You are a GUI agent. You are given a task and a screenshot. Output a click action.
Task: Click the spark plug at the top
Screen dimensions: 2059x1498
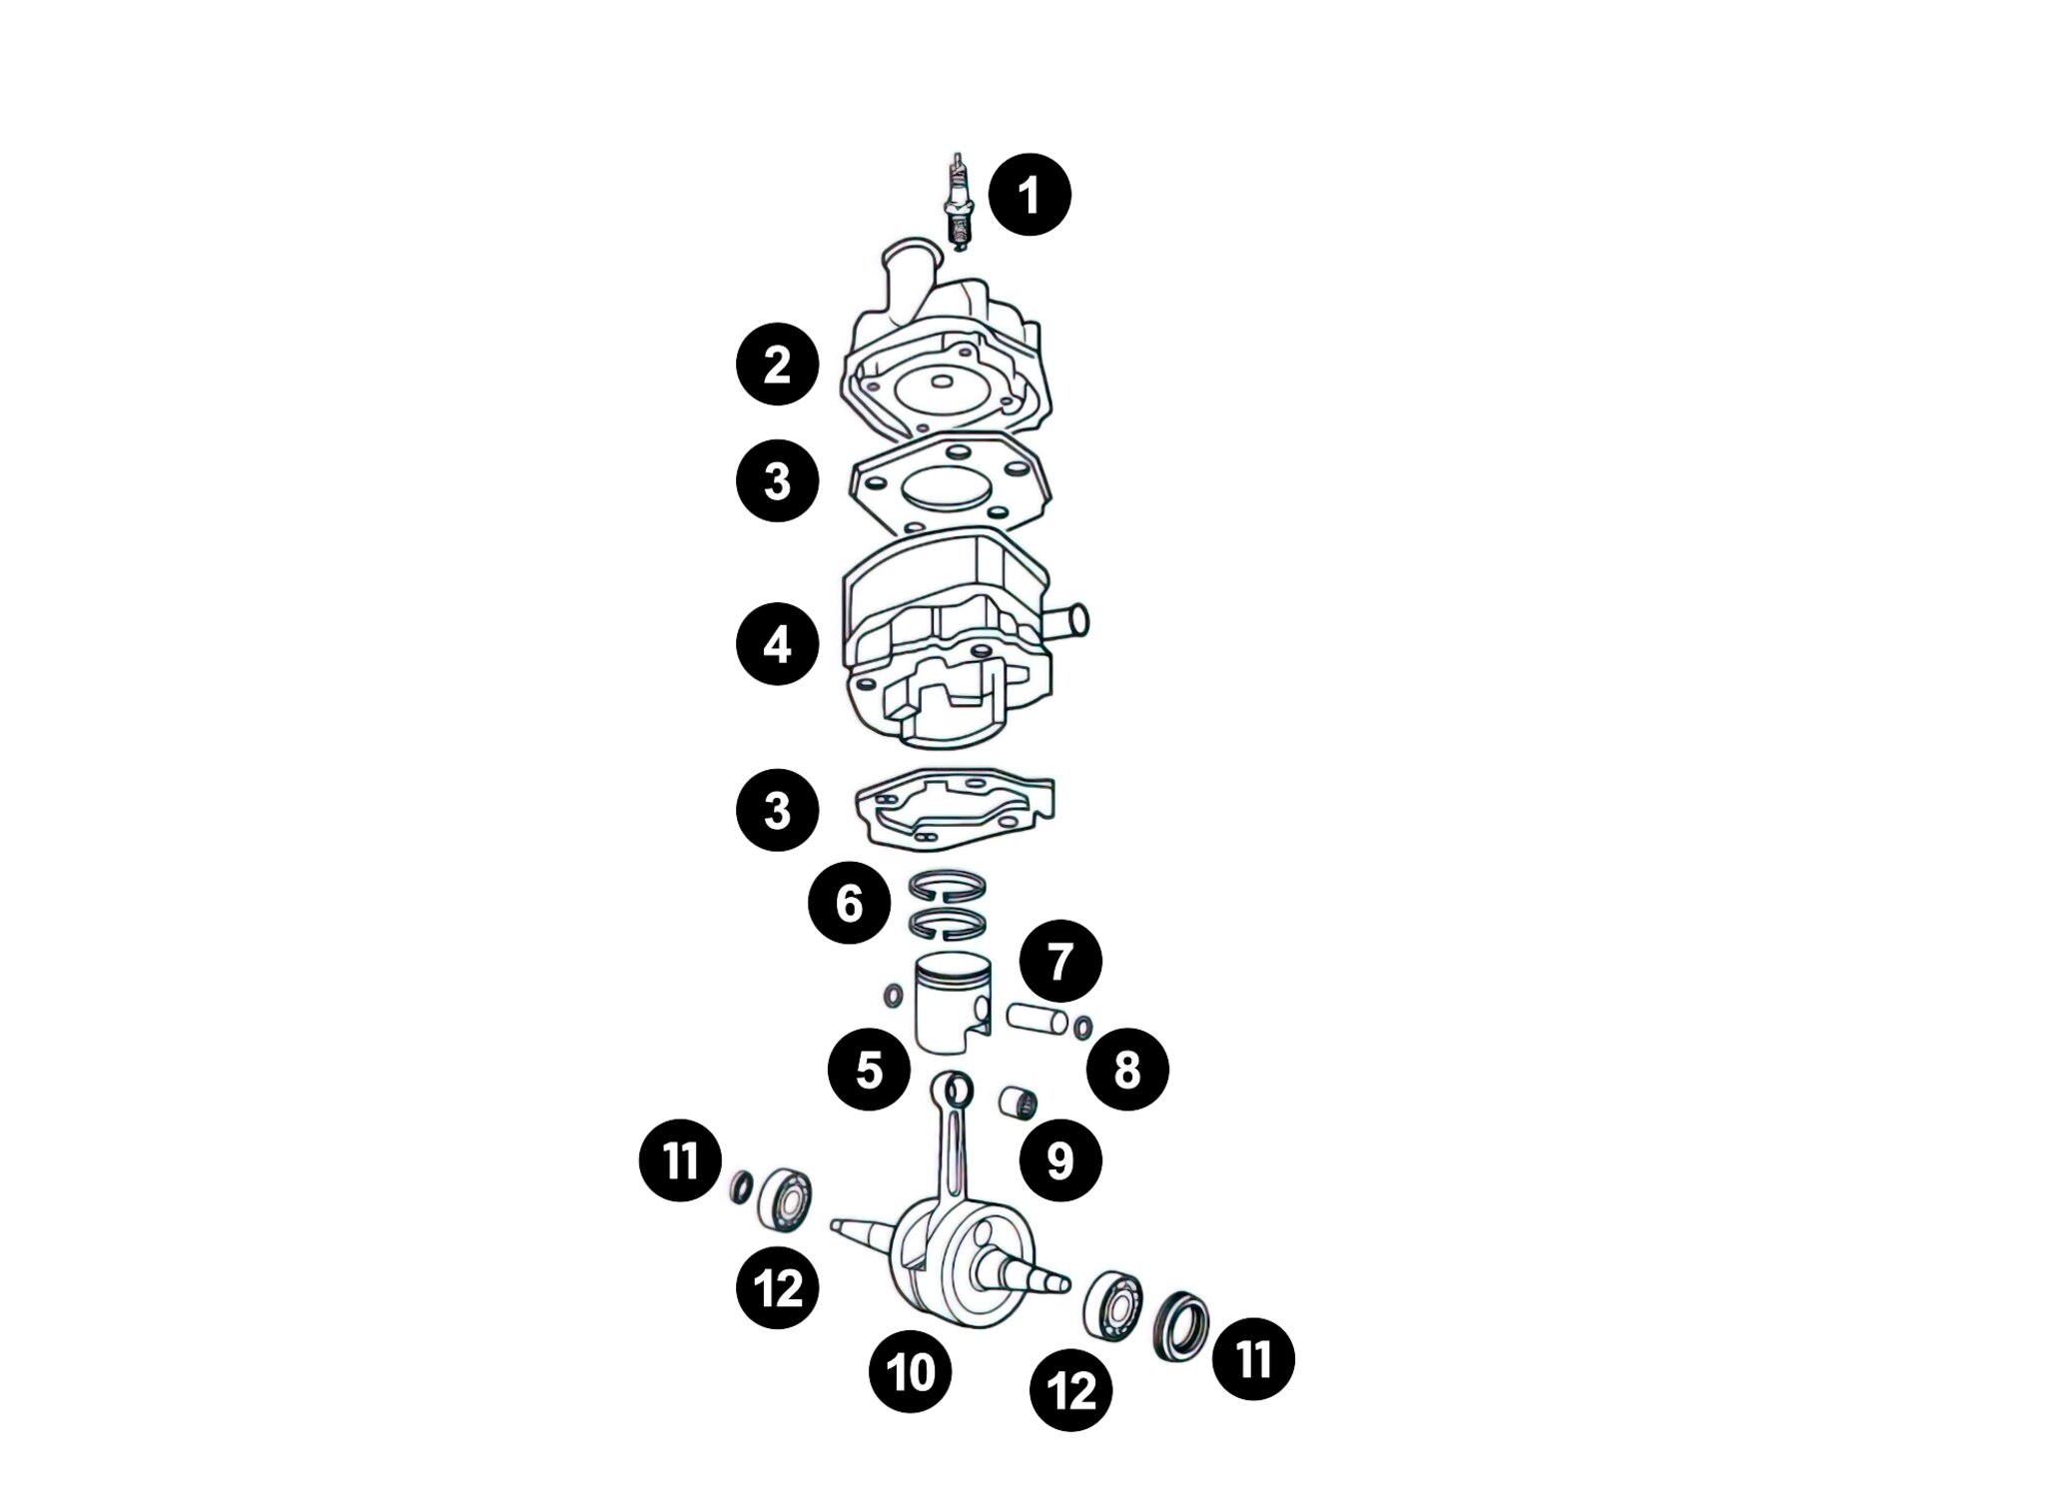958,204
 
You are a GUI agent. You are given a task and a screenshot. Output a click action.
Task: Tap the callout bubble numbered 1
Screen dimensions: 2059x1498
1029,195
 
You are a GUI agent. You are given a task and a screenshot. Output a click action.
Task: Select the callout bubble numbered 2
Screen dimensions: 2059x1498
777,364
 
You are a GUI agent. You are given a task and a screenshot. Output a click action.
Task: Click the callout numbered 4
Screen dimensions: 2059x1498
777,644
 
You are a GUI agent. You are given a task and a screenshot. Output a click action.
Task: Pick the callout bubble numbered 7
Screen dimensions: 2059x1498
1060,961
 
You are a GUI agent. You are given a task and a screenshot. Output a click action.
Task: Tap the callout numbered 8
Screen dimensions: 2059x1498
1127,1071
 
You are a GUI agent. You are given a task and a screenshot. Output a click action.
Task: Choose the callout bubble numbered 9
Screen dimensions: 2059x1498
1060,1160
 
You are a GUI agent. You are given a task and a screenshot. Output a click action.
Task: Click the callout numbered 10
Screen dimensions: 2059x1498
911,1372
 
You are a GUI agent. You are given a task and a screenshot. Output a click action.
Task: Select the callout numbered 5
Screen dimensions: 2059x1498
869,1070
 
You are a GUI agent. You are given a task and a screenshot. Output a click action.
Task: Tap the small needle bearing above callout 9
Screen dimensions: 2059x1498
1020,1105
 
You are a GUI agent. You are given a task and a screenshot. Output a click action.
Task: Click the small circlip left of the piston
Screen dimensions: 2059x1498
893,995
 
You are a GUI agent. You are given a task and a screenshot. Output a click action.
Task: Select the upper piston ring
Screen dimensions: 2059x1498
948,885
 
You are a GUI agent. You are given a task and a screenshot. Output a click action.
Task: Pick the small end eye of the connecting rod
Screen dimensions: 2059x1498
953,1089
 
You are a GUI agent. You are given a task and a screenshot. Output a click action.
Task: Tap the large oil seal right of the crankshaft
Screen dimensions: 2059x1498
1181,1327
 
